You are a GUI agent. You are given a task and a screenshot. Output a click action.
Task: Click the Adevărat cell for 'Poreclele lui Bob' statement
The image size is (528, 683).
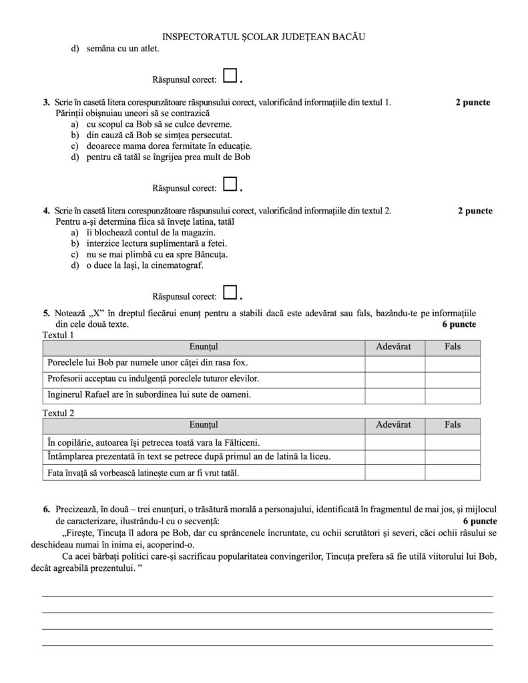pyautogui.click(x=394, y=364)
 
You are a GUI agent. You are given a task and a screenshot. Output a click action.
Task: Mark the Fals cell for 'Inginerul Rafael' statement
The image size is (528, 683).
pyautogui.click(x=453, y=395)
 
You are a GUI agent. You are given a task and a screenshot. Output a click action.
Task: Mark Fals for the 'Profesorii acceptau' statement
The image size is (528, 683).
pyautogui.click(x=453, y=379)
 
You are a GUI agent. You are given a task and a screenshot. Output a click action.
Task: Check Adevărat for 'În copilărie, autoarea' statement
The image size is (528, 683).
pyautogui.click(x=394, y=442)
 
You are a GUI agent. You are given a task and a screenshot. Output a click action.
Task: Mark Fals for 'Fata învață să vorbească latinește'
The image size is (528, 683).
pyautogui.click(x=453, y=473)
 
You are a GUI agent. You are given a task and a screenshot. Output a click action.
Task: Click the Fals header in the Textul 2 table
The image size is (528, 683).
pyautogui.click(x=453, y=425)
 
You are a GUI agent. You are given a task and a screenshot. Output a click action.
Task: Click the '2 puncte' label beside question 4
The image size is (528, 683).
pyautogui.click(x=475, y=211)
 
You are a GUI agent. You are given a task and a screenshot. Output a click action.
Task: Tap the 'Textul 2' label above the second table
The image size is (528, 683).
pyautogui.click(x=59, y=413)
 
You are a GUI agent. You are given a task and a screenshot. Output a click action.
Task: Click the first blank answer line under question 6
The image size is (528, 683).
pyautogui.click(x=267, y=595)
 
